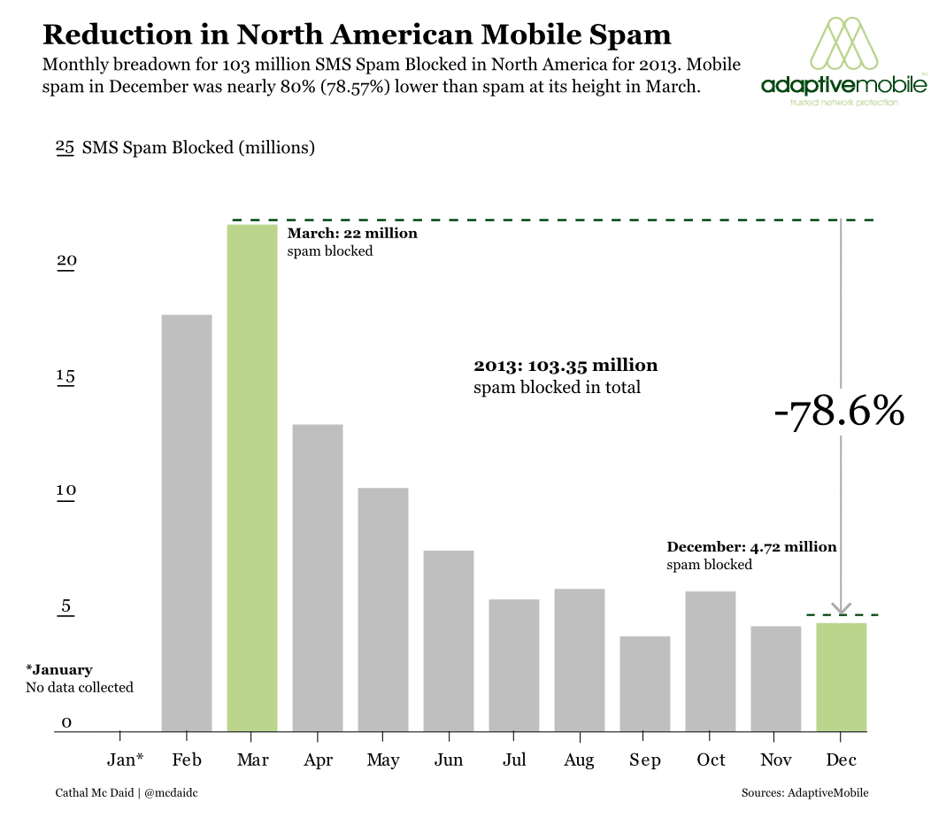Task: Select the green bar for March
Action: tap(252, 478)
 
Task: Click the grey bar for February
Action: tap(187, 522)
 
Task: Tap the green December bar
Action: tap(841, 677)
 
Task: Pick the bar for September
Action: tap(645, 683)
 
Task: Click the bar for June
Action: tap(449, 641)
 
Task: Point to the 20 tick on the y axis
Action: tap(67, 262)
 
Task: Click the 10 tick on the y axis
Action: tap(67, 491)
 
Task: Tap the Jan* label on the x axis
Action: tap(125, 760)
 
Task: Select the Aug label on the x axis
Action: tap(579, 760)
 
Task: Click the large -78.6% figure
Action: tap(839, 413)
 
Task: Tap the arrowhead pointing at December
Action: tap(841, 609)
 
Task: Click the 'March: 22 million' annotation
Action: tap(352, 234)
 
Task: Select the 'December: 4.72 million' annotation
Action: tap(751, 547)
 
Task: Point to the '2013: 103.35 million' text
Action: tap(566, 365)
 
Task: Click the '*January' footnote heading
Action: tap(59, 670)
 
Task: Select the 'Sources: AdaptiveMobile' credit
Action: tap(804, 792)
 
